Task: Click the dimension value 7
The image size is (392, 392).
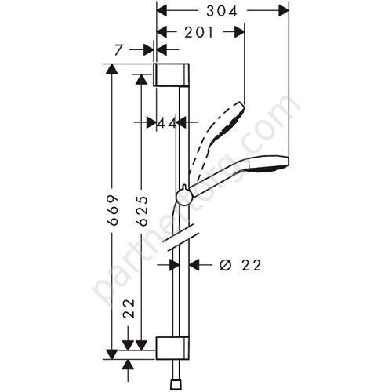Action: (x=118, y=49)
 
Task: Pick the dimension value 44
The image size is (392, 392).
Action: (x=165, y=122)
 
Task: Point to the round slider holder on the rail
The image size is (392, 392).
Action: (x=183, y=195)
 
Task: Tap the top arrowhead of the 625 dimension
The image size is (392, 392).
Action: (x=142, y=78)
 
